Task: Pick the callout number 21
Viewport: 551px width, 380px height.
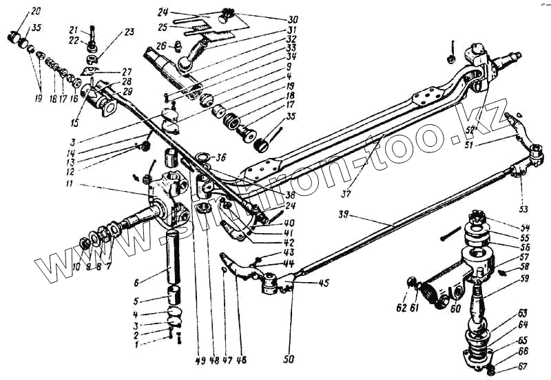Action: [91, 30]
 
